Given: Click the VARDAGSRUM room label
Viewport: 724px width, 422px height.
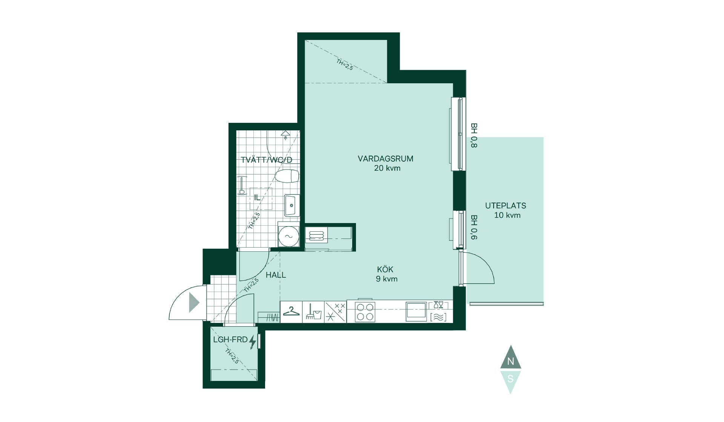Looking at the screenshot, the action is (385, 159).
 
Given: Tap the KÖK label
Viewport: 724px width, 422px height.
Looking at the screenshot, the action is (385, 269).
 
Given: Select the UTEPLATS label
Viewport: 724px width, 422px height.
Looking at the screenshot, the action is (506, 206).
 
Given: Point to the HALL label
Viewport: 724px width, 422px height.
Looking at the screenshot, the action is (276, 275).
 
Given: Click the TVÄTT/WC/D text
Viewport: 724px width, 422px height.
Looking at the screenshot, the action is (267, 160).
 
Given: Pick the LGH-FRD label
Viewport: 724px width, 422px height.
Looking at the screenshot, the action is (230, 339).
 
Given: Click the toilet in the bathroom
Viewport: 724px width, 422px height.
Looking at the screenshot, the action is (287, 176).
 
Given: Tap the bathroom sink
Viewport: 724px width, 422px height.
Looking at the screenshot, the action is (292, 205).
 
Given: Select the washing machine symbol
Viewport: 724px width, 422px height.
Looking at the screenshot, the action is (288, 236).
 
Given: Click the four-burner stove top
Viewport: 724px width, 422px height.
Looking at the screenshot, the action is (365, 312).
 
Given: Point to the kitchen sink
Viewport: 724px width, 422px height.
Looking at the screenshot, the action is (416, 312).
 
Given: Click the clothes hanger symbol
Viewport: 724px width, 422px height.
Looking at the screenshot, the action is (291, 311).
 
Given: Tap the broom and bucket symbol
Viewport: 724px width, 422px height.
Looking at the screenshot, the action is (313, 312).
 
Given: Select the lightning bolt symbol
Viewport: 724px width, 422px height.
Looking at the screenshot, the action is (253, 342).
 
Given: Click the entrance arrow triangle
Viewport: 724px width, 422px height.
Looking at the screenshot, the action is (194, 302).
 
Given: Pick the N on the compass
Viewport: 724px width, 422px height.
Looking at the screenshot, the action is (511, 361).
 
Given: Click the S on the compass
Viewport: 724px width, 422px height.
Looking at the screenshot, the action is (511, 379).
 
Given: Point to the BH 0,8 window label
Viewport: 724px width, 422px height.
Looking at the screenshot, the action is (474, 135).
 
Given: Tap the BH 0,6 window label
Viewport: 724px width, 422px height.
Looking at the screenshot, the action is (474, 227).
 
